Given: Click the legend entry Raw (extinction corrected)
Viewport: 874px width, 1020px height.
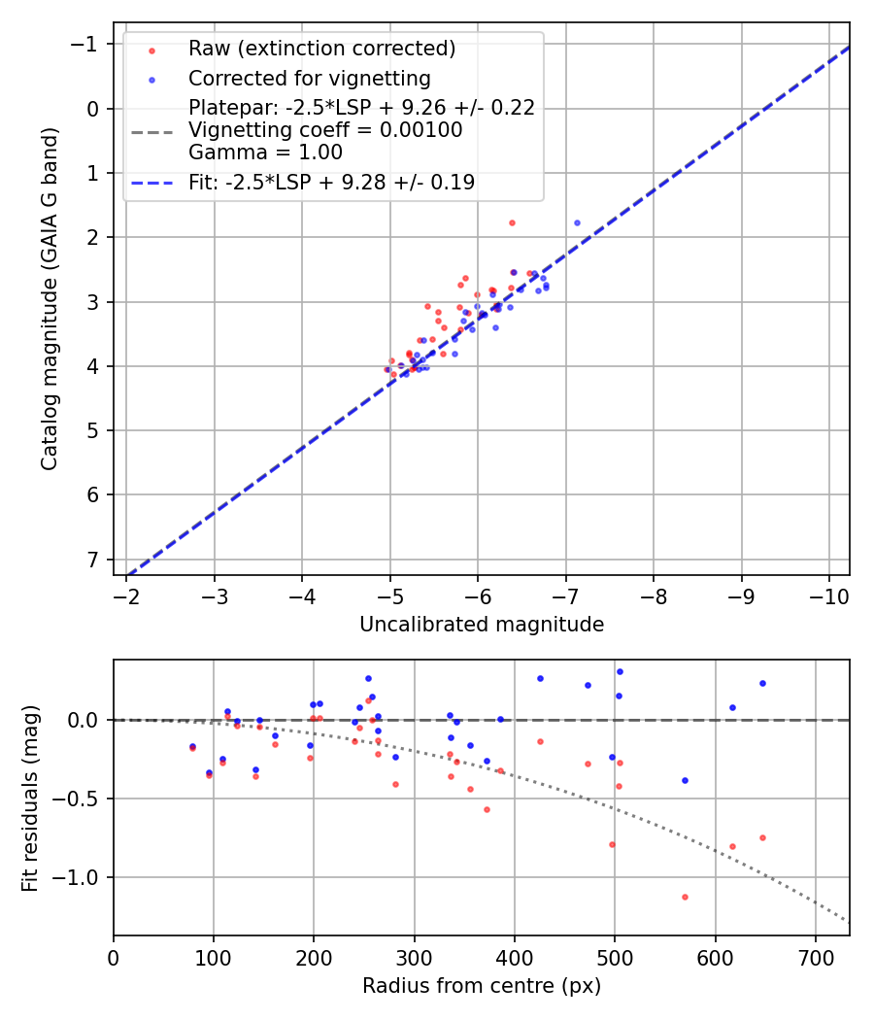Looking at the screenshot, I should pyautogui.click(x=321, y=49).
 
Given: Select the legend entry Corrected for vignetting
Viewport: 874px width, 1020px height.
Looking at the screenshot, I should pyautogui.click(x=310, y=78).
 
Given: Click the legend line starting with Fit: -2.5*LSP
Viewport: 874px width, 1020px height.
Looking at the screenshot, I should pyautogui.click(x=331, y=182).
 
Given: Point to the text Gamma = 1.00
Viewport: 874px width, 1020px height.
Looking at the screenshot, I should pyautogui.click(x=265, y=152).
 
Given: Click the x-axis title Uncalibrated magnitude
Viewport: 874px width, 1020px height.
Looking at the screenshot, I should pyautogui.click(x=482, y=625).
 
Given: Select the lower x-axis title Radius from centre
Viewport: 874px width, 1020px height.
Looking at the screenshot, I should pyautogui.click(x=482, y=986).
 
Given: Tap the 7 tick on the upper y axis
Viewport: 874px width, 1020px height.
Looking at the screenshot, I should pyautogui.click(x=93, y=560).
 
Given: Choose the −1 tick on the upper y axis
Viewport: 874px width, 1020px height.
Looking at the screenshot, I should pyautogui.click(x=86, y=45).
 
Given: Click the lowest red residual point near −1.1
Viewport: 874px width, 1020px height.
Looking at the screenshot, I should pyautogui.click(x=685, y=897).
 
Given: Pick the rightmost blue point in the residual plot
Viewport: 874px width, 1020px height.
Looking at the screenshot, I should pyautogui.click(x=762, y=683).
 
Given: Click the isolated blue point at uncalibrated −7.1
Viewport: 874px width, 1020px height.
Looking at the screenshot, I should pyautogui.click(x=577, y=222).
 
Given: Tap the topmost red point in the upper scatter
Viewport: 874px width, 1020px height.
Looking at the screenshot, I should pyautogui.click(x=512, y=222).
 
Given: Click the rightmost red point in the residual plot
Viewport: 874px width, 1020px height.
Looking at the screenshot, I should pyautogui.click(x=762, y=837).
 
